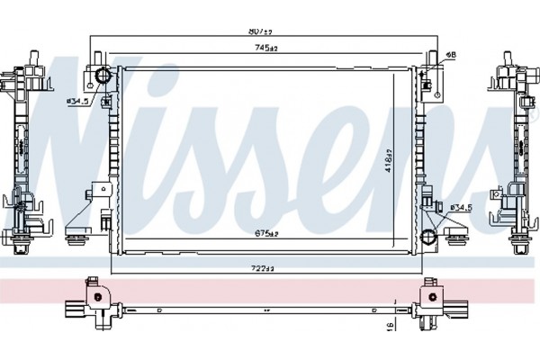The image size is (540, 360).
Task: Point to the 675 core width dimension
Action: coord(264,234)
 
